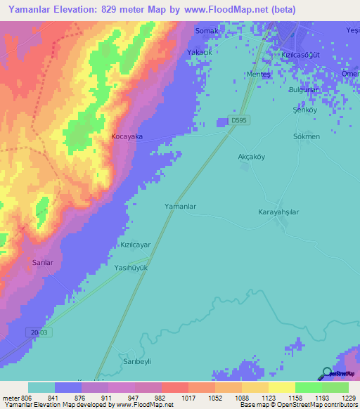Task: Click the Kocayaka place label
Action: point(127,137)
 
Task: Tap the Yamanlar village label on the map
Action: point(179,207)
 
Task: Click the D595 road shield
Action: point(239,121)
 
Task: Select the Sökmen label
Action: point(307,136)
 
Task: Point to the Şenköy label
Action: point(304,110)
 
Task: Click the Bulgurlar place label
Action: point(304,90)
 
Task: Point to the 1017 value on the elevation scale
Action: point(188,398)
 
